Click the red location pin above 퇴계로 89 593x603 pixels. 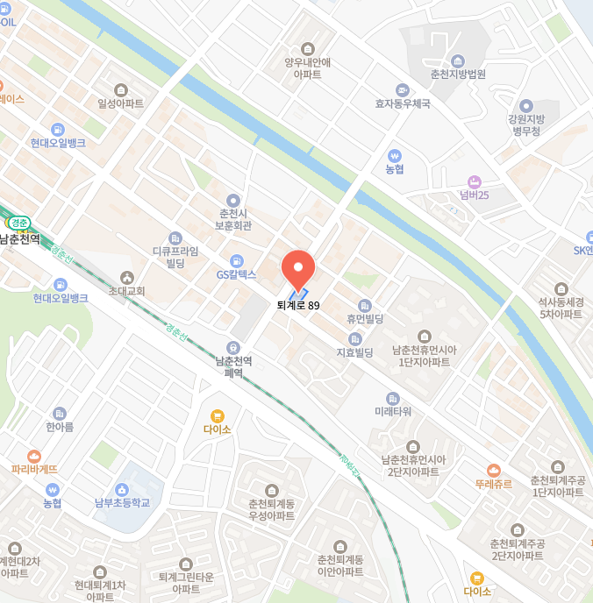(297, 267)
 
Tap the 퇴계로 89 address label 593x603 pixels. (298, 305)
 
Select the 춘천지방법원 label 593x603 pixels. (458, 74)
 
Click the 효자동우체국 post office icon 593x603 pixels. (403, 89)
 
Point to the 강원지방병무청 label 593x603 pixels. (526, 124)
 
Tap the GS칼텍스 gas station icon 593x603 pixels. (236, 260)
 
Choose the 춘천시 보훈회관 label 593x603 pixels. (233, 219)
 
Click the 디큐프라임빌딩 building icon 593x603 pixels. (175, 238)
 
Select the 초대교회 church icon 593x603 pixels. (126, 277)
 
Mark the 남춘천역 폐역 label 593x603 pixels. (233, 366)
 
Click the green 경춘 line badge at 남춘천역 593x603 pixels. (18, 223)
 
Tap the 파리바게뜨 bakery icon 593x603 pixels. (34, 456)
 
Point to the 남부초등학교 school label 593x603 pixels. (122, 502)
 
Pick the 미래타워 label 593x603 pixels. (392, 411)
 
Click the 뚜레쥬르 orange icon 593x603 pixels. (494, 470)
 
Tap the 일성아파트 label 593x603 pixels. (121, 103)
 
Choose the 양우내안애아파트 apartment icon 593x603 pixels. (307, 48)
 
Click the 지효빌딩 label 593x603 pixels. (355, 352)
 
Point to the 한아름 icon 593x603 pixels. (60, 413)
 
